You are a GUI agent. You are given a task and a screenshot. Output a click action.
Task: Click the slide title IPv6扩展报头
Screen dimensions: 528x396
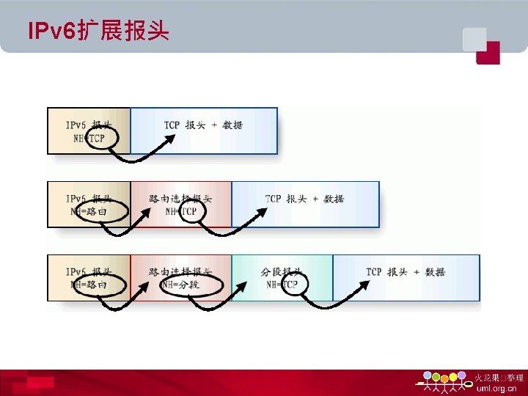point(98,32)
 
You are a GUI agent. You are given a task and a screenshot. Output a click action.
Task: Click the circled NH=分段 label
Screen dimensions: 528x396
point(190,285)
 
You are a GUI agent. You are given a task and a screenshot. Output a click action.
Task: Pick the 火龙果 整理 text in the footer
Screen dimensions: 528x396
point(499,377)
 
